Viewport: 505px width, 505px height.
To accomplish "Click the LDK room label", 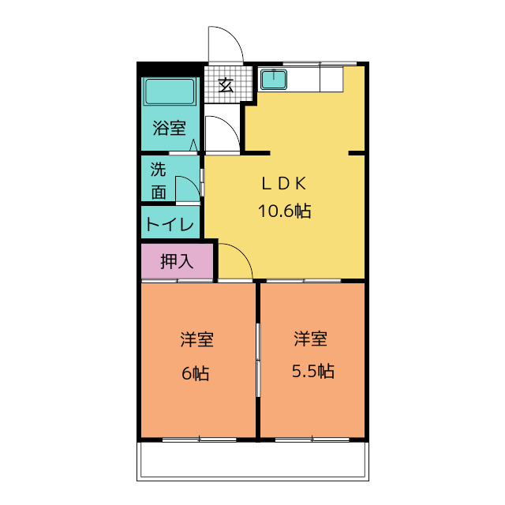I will [283, 184].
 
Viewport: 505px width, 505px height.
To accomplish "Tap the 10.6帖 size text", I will [283, 211].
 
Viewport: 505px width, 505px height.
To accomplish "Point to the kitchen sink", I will [274, 80].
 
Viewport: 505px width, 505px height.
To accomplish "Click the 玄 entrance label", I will [226, 85].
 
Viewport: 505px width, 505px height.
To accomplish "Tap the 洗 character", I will [159, 169].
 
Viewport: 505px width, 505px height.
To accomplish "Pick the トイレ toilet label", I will [170, 224].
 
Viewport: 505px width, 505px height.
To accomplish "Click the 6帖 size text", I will [196, 373].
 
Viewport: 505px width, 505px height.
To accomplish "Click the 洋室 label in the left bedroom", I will [196, 340].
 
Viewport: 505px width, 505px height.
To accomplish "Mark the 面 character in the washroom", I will [159, 191].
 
